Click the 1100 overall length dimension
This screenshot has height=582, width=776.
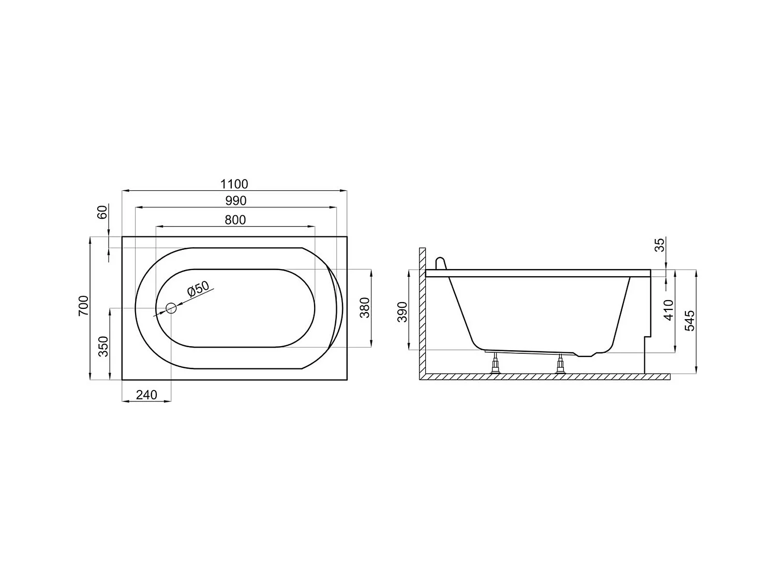pos(234,184)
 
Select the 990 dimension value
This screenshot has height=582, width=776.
pos(235,201)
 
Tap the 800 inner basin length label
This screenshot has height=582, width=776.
pos(235,220)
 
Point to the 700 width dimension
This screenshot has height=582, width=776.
pos(84,306)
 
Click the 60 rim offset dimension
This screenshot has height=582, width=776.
pos(102,212)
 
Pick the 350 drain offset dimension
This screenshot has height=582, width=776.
pos(103,346)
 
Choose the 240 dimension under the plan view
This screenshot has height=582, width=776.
pos(146,395)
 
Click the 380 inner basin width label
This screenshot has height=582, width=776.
pos(365,308)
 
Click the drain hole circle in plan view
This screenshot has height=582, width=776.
pos(171,308)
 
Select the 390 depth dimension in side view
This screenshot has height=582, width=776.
pos(403,311)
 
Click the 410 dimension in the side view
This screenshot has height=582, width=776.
pos(669,309)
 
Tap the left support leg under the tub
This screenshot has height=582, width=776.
pos(496,363)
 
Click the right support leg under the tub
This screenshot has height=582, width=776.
pos(560,364)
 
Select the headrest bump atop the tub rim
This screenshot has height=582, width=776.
pos(440,263)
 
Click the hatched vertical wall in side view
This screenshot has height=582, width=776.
pos(422,310)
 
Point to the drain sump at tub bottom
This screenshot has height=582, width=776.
pos(587,354)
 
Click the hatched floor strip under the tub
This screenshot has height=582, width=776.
pos(543,377)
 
